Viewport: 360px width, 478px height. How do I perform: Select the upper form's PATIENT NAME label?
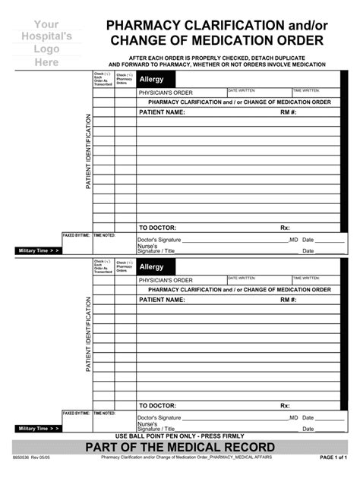click(162, 112)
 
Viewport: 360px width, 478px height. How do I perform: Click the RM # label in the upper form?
click(288, 112)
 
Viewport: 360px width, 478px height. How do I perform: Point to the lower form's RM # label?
click(288, 300)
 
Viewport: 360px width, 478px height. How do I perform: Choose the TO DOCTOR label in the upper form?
click(157, 228)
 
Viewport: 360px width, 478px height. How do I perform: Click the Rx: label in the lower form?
click(285, 406)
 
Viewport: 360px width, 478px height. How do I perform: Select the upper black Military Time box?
click(38, 250)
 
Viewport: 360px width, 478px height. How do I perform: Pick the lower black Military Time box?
click(38, 429)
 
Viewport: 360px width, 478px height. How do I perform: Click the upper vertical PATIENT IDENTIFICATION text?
click(88, 152)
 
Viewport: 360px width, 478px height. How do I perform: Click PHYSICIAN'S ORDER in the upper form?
click(166, 93)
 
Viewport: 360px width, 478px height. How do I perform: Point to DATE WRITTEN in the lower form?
click(242, 278)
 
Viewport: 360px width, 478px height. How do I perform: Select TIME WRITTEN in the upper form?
click(306, 90)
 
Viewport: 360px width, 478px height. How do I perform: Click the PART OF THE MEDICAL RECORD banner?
click(180, 447)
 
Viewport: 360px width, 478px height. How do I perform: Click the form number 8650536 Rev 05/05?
click(30, 458)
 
